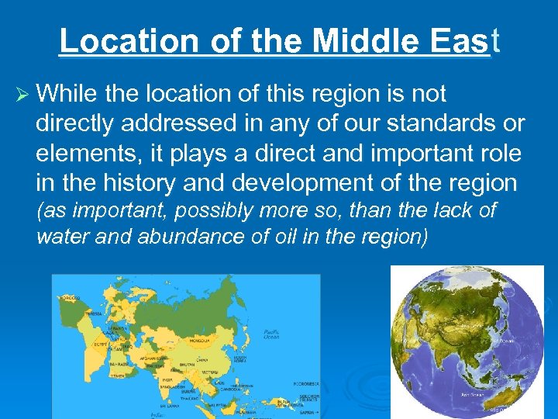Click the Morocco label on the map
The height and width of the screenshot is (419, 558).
(71, 298)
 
